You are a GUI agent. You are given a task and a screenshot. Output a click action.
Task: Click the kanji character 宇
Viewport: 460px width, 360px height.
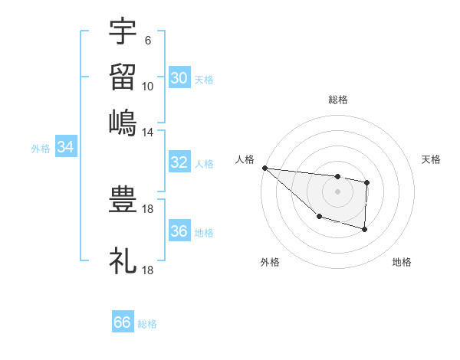point(123,32)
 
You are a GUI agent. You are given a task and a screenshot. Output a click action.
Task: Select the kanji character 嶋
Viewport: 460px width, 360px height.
point(123,123)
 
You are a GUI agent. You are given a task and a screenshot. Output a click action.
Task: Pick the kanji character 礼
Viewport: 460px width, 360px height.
point(123,261)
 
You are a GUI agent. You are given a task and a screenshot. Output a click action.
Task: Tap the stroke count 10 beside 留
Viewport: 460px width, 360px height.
point(148,86)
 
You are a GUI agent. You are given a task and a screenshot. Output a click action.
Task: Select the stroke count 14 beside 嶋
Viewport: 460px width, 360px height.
point(148,132)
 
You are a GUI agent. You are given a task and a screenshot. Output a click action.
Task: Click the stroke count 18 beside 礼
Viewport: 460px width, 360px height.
point(148,270)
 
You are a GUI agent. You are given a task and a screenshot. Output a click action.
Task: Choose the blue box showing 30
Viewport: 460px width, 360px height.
point(179,78)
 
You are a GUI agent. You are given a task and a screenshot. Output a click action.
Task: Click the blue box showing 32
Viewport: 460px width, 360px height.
point(179,162)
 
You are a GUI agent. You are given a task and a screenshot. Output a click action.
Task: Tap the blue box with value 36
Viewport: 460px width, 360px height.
point(179,231)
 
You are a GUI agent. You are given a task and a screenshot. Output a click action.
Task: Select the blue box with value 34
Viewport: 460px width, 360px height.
point(65,147)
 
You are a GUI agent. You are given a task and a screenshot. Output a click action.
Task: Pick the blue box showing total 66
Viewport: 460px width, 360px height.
point(123,322)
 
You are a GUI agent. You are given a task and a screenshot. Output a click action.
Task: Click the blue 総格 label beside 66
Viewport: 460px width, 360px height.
point(148,324)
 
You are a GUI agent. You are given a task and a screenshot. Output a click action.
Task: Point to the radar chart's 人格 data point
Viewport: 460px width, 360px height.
point(264,168)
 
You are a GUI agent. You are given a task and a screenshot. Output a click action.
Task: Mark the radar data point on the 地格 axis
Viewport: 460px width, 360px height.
point(365,229)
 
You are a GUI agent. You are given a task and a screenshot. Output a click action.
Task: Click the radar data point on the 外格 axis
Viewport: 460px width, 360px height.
point(319,217)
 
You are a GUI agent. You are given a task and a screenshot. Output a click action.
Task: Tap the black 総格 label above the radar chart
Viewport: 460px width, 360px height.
point(338,100)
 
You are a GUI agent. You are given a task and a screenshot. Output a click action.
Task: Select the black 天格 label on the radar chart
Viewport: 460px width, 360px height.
point(432,159)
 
